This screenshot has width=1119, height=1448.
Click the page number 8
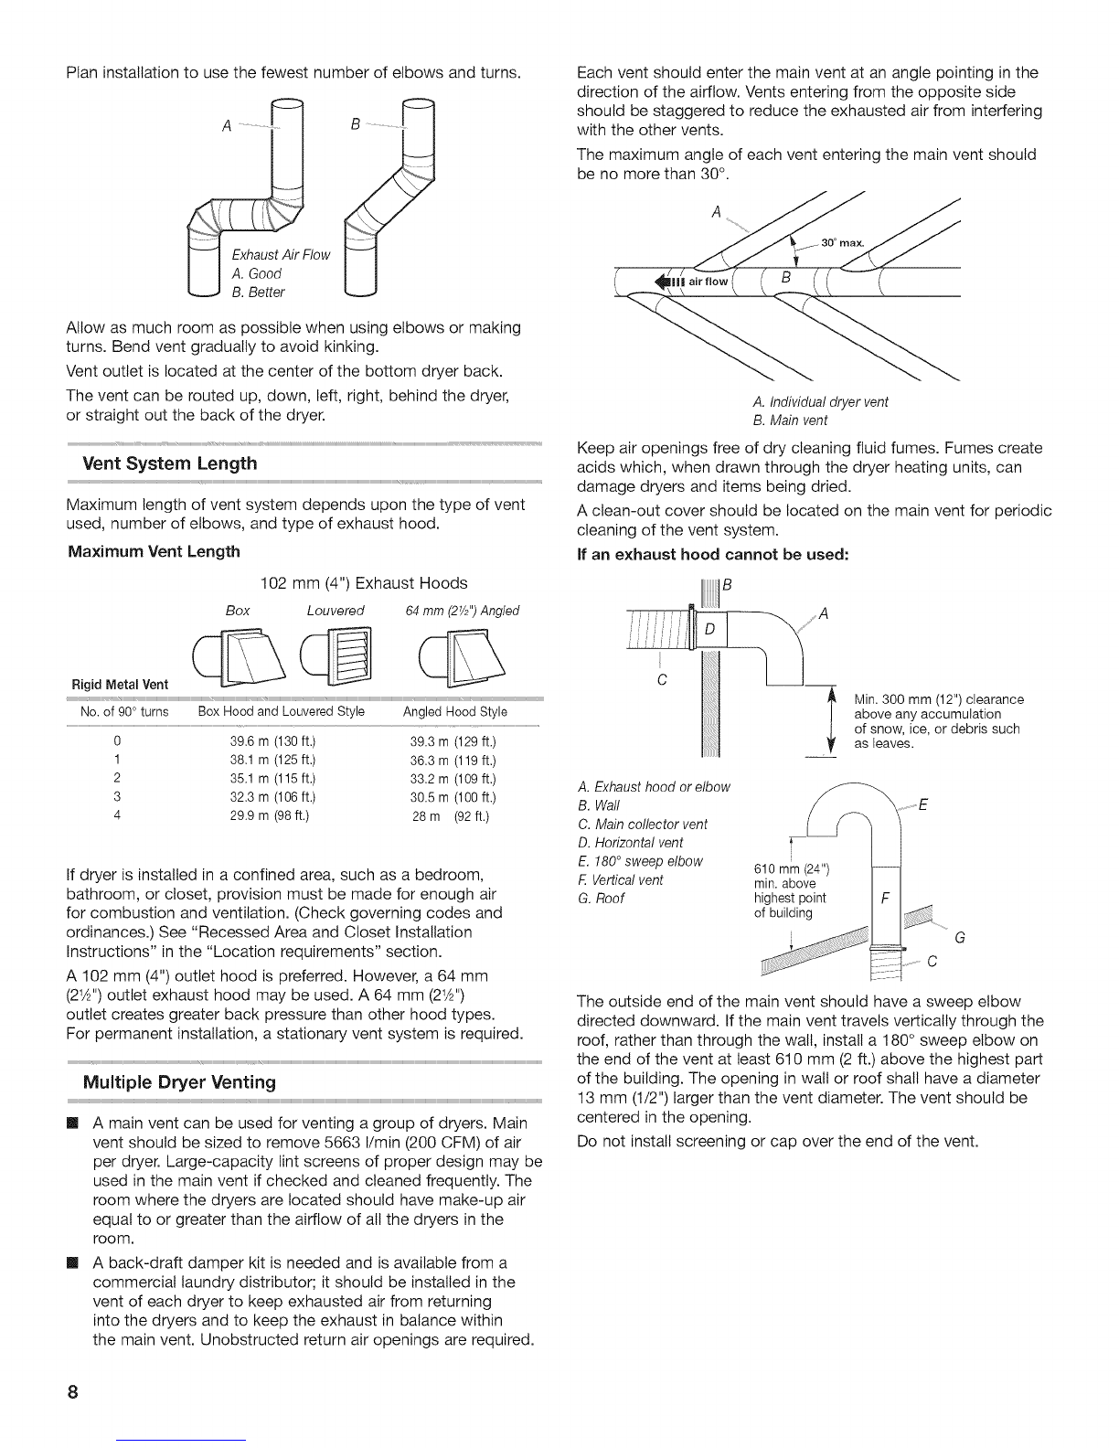pyautogui.click(x=72, y=1391)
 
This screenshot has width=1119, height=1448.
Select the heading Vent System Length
pyautogui.click(x=170, y=463)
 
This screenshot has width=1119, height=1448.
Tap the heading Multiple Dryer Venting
pyautogui.click(x=179, y=1081)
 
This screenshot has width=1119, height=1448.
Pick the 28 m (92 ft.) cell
pyautogui.click(x=451, y=816)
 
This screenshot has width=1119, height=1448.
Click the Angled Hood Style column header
pyautogui.click(x=455, y=712)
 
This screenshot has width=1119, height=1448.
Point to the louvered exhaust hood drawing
pyautogui.click(x=336, y=656)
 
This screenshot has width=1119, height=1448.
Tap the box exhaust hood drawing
pyautogui.click(x=239, y=658)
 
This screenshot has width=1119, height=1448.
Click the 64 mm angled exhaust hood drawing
pyautogui.click(x=462, y=658)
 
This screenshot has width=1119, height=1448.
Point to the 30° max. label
pyautogui.click(x=842, y=243)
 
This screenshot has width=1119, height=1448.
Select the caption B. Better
pyautogui.click(x=258, y=292)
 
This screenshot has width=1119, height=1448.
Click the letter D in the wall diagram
pyautogui.click(x=709, y=628)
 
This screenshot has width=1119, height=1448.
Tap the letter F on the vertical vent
pyautogui.click(x=885, y=899)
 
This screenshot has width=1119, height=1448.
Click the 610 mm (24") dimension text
pyautogui.click(x=792, y=869)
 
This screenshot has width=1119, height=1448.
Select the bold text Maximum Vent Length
pyautogui.click(x=154, y=551)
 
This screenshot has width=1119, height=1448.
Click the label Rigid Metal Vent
pyautogui.click(x=120, y=685)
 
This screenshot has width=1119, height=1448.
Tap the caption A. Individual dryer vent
pyautogui.click(x=820, y=402)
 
